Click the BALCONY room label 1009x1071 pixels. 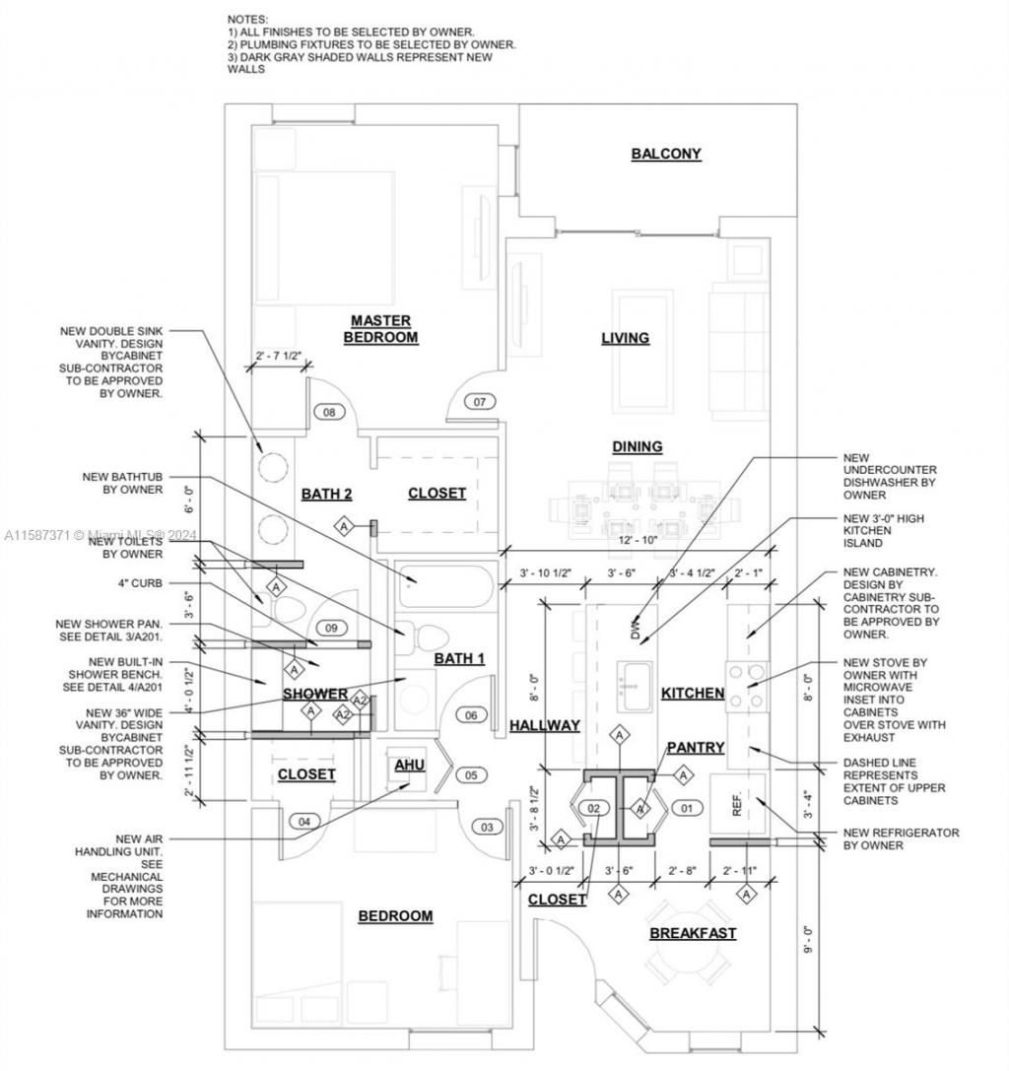point(666,154)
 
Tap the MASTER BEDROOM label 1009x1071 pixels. point(380,329)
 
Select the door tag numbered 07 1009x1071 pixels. point(480,402)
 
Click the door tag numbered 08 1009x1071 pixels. point(329,412)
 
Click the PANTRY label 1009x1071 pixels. point(696,748)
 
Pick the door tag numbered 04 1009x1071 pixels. point(304,821)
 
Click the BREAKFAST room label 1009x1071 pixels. point(693,933)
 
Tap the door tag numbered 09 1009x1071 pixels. point(331,628)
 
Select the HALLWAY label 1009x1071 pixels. point(545,725)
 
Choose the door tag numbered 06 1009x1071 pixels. point(471,715)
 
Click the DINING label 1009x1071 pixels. point(637,446)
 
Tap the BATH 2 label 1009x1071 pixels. point(326,494)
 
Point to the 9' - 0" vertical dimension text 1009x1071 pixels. point(809,936)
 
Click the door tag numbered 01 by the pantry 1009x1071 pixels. point(688,809)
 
